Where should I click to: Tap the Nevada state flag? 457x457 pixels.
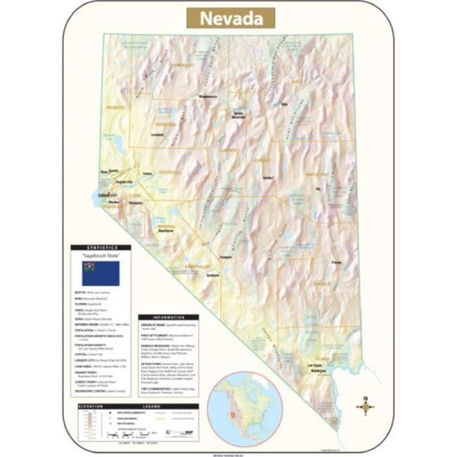coord(101,273)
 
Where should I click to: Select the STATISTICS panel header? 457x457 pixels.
coord(100,247)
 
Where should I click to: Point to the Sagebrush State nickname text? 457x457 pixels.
coord(100,256)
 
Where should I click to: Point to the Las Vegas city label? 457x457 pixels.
coord(317,366)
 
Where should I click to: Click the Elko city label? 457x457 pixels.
coord(285,105)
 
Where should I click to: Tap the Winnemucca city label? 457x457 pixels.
coord(208,96)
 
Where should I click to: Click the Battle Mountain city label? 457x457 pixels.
coord(238,115)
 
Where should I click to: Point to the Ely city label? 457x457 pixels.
coord(317,188)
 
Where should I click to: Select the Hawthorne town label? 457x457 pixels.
coord(166,230)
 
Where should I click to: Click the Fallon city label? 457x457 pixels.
coord(147,174)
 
